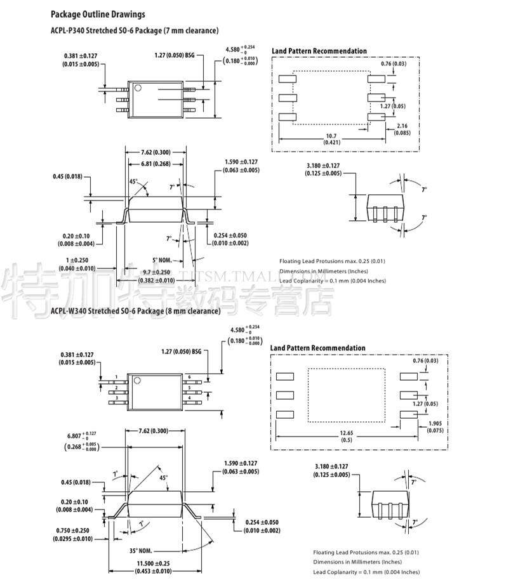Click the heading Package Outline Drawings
pos(98,14)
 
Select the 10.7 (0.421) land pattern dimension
pos(331,139)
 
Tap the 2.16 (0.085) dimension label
pos(402,129)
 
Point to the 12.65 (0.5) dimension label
pos(347,437)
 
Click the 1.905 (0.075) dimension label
pos(435,427)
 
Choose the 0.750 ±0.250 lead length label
pos(72,534)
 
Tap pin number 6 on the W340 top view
pos(189,377)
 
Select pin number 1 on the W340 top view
pos(116,377)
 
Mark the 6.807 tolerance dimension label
pos(81,440)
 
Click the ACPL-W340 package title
pos(135,311)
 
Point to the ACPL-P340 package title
pos(135,30)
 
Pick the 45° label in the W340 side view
pos(164,477)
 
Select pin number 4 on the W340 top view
pos(189,398)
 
